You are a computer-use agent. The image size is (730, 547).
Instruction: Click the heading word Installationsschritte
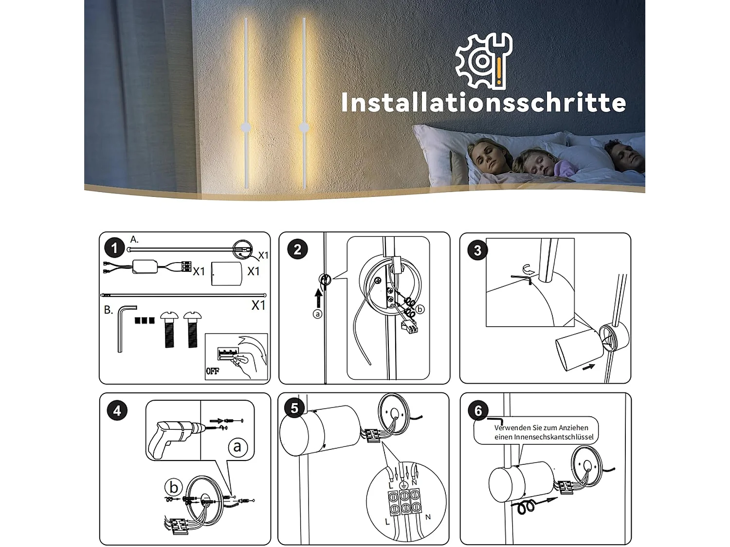click(483, 103)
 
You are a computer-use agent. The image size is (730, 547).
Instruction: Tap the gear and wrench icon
click(483, 61)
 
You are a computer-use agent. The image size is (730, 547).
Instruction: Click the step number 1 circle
click(114, 248)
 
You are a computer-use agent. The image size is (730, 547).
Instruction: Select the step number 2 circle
click(297, 249)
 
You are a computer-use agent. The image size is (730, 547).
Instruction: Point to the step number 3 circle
click(477, 250)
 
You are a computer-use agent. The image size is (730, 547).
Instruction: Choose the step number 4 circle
click(117, 411)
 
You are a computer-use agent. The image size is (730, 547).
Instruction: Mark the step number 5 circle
click(294, 408)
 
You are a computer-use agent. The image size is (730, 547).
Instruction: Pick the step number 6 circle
click(478, 411)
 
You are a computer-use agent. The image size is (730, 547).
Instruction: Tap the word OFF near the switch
click(213, 371)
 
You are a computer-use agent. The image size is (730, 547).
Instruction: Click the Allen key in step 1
click(124, 327)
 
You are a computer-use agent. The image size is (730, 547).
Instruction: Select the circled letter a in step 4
click(237, 446)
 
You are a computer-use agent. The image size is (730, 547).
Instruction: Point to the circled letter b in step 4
click(174, 487)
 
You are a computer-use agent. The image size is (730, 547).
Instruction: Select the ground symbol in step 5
click(403, 485)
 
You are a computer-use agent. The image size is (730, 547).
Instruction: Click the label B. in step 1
click(109, 310)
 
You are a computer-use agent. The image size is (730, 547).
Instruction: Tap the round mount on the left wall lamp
click(246, 128)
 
